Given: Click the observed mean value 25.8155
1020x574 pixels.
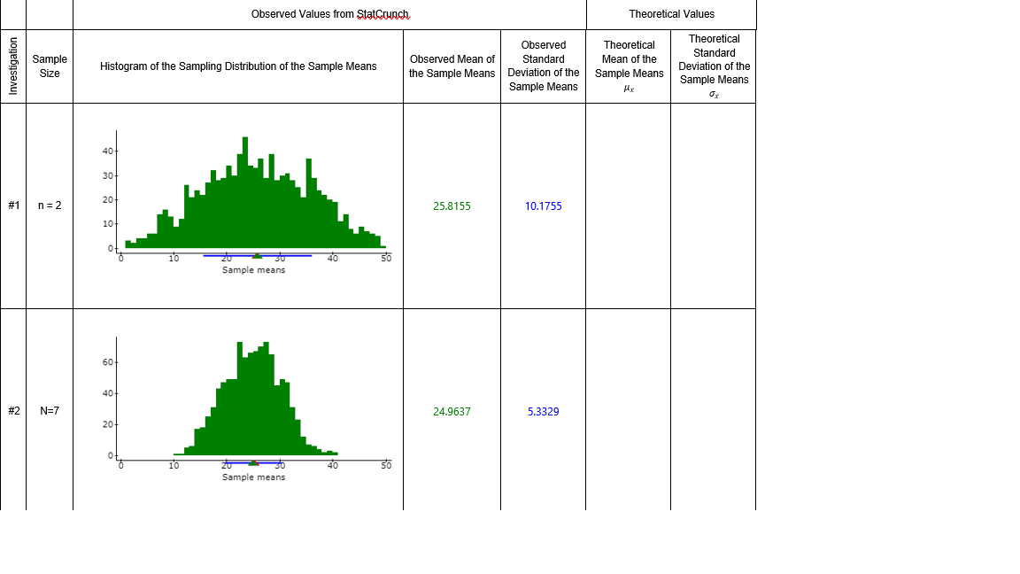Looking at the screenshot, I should pyautogui.click(x=452, y=206).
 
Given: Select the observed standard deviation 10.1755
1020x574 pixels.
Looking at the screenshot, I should pyautogui.click(x=543, y=206).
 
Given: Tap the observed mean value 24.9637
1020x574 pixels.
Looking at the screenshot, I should pyautogui.click(x=452, y=412).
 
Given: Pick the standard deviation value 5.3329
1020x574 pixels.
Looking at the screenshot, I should pyautogui.click(x=543, y=412).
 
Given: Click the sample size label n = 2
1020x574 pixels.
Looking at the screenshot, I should pyautogui.click(x=50, y=206).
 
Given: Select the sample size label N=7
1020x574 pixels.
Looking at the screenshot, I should pyautogui.click(x=50, y=411).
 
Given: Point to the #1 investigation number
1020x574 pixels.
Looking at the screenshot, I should pyautogui.click(x=13, y=206).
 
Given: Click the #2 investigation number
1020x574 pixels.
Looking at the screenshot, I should pyautogui.click(x=13, y=411).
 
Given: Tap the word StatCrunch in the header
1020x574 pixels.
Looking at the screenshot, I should pyautogui.click(x=382, y=14).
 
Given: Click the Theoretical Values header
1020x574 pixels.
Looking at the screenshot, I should pyautogui.click(x=671, y=14).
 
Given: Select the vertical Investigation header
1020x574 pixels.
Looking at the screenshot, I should pyautogui.click(x=13, y=66).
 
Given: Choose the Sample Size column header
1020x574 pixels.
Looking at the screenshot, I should pyautogui.click(x=50, y=66).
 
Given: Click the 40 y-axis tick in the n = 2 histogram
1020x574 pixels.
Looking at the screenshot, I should pyautogui.click(x=108, y=151).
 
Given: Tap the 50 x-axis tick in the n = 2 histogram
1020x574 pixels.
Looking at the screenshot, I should pyautogui.click(x=386, y=259).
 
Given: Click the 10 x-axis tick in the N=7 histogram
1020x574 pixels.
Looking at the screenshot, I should pyautogui.click(x=174, y=465).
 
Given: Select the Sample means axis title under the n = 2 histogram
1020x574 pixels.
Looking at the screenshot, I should pyautogui.click(x=253, y=270).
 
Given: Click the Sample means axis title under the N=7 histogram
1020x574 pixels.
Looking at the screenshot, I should pyautogui.click(x=253, y=477).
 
